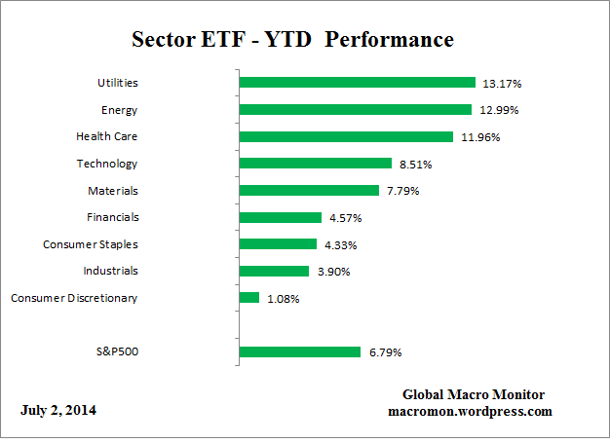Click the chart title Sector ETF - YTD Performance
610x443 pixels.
tap(292, 40)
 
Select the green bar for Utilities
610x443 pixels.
tap(357, 83)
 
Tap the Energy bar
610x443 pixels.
tap(355, 110)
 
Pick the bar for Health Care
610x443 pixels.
tap(346, 137)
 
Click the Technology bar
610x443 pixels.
tap(315, 164)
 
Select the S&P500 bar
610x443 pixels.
tap(299, 351)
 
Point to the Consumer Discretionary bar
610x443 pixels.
tap(248, 298)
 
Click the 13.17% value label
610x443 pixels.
tap(498, 83)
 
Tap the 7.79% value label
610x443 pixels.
tap(401, 191)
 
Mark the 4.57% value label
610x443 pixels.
tap(344, 218)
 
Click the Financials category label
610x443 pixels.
tap(111, 217)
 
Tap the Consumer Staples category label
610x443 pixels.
tap(91, 244)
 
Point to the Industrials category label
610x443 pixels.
tap(110, 271)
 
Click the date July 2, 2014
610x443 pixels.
tap(58, 410)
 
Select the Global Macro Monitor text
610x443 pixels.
tap(473, 394)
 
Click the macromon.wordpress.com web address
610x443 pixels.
tap(470, 411)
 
